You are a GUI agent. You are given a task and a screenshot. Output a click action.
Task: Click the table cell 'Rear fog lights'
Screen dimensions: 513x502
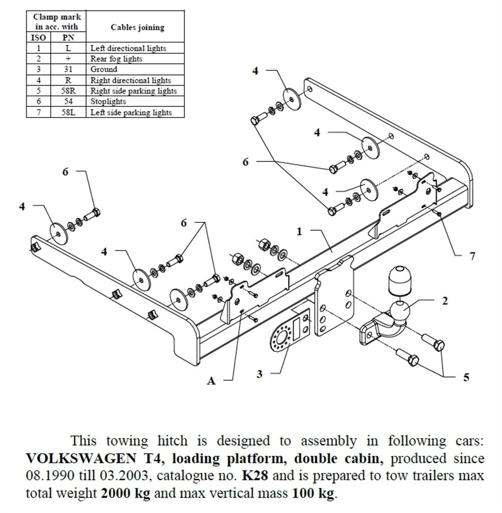tap(116, 59)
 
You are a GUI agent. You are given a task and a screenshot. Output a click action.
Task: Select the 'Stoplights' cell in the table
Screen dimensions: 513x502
tap(108, 102)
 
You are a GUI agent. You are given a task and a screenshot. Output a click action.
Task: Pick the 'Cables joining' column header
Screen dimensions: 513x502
tap(133, 28)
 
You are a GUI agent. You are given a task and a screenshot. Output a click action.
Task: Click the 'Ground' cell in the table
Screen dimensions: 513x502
tap(104, 69)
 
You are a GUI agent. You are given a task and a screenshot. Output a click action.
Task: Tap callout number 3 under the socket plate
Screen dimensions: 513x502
tap(260, 373)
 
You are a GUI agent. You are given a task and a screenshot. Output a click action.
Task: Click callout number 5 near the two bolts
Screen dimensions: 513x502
tap(466, 377)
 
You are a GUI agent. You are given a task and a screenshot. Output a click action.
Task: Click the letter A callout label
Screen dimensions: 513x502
tap(211, 381)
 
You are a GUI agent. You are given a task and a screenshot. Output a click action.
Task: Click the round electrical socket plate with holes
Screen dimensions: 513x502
tap(282, 337)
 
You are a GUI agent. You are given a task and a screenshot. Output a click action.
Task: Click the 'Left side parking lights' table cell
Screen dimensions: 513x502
tap(131, 112)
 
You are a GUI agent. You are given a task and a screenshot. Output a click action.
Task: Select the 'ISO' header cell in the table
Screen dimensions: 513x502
tap(39, 38)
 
